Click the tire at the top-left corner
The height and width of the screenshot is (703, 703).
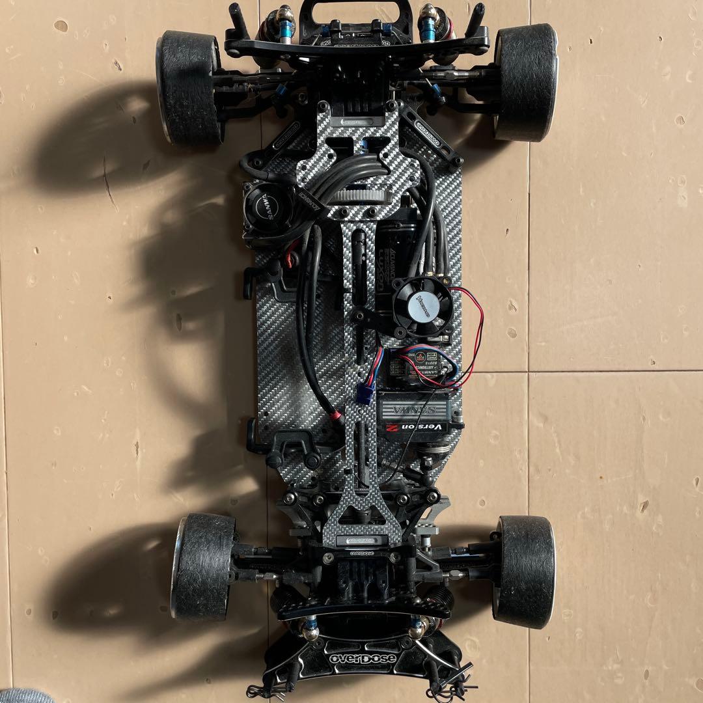(x=189, y=87)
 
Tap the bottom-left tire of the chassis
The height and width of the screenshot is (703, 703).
(x=202, y=566)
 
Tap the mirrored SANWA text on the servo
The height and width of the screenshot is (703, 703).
(x=413, y=410)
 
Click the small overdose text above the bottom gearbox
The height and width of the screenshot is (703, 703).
(x=366, y=555)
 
